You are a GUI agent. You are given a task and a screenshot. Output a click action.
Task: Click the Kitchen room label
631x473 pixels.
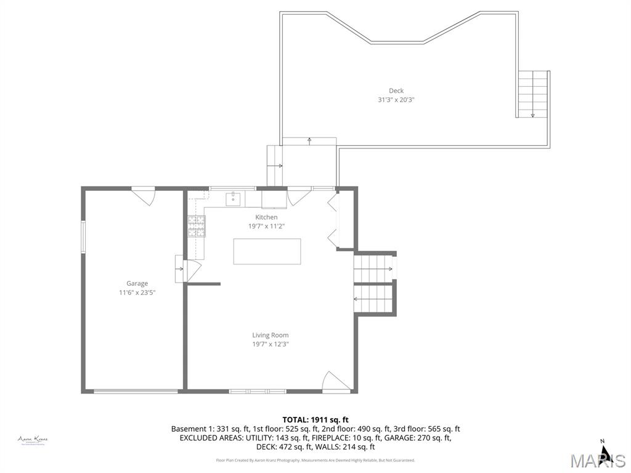(x=266, y=217)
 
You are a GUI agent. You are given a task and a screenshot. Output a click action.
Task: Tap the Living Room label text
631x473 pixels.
(x=270, y=335)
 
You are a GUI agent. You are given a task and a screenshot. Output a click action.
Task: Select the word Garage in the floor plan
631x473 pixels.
(x=137, y=283)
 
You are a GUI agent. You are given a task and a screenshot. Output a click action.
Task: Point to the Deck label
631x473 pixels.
(x=396, y=91)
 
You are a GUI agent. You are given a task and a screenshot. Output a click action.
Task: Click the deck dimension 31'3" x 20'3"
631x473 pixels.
(x=396, y=100)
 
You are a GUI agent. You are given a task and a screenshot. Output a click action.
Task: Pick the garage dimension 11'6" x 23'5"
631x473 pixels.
(x=137, y=293)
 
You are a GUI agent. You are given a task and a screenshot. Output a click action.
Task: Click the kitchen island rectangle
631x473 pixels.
(x=267, y=251)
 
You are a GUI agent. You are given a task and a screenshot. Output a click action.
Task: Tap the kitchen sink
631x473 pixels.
(x=234, y=198)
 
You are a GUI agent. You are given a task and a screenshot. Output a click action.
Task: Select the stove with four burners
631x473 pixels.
(x=196, y=227)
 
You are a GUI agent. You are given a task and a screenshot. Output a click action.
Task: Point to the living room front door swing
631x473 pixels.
(x=335, y=382)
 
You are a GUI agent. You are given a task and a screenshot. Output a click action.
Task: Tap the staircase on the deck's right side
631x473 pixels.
(x=532, y=94)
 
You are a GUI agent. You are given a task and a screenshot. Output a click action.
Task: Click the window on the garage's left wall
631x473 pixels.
(x=83, y=236)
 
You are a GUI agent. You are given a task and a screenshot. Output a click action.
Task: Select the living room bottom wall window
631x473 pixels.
(x=258, y=390)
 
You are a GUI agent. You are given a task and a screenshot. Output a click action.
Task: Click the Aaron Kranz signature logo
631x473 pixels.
(x=33, y=440)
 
